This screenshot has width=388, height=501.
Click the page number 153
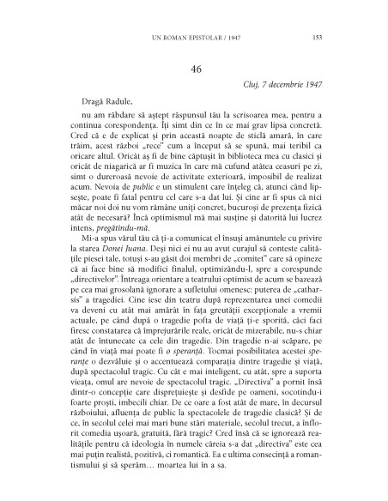(x=317, y=37)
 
